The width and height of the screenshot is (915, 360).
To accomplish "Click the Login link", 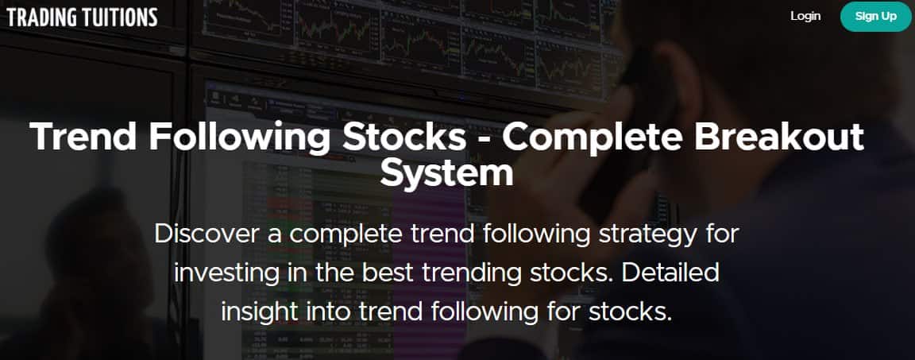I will [805, 16].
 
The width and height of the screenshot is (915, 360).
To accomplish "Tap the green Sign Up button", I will [876, 16].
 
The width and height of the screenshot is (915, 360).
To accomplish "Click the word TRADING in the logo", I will [40, 17].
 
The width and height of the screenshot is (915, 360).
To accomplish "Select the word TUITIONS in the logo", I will [118, 17].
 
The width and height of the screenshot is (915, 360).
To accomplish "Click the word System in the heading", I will [446, 173].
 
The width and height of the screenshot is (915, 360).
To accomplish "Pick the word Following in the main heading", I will [239, 137].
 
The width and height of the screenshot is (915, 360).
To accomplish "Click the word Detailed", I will [670, 273].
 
